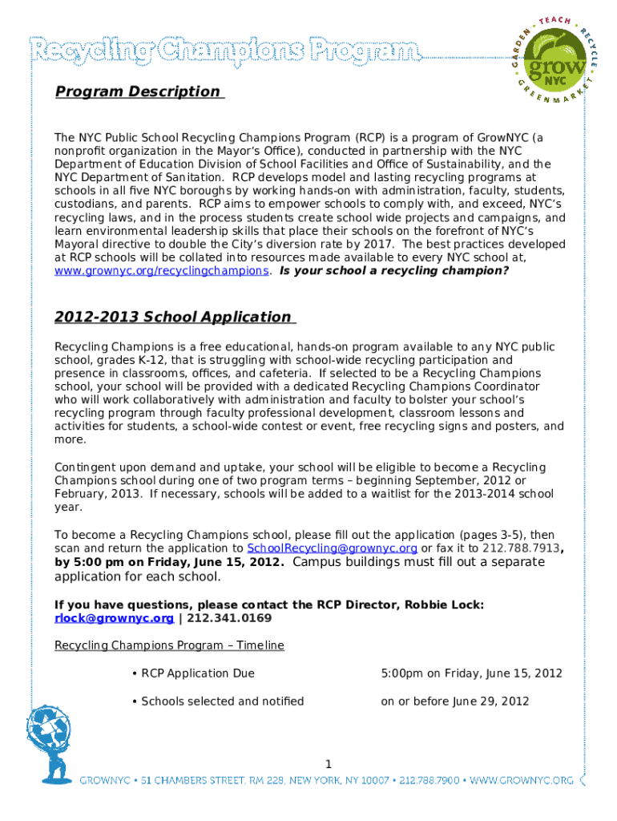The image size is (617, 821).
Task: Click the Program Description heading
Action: [x=137, y=91]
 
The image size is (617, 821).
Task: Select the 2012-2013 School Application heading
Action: [x=173, y=317]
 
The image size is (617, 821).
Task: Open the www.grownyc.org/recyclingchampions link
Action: [x=161, y=270]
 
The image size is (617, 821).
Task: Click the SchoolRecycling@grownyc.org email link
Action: [x=332, y=548]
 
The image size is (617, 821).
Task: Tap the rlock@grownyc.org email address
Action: [x=114, y=618]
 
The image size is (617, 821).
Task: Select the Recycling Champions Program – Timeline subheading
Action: [x=169, y=645]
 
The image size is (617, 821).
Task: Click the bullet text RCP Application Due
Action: [x=198, y=673]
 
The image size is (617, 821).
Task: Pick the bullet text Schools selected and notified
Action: [x=222, y=702]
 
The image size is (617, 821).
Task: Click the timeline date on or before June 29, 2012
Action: [x=454, y=702]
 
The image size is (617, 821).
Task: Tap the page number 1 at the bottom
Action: [x=329, y=762]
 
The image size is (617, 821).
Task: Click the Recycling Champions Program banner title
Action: [x=224, y=52]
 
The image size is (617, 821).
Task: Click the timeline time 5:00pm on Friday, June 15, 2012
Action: [x=471, y=673]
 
